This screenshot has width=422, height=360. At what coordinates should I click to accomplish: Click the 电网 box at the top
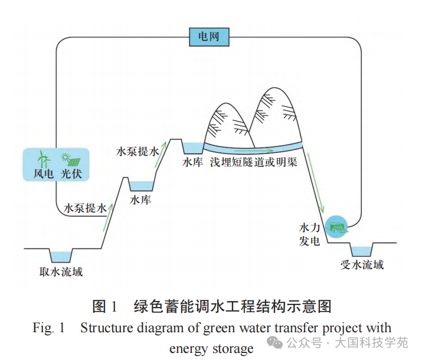(209, 37)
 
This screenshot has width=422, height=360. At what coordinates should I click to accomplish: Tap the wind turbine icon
(44, 159)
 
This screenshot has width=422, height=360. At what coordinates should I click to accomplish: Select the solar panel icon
(71, 160)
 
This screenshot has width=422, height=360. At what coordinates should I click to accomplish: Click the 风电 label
(43, 174)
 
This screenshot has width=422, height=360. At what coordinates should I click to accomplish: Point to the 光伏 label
(71, 174)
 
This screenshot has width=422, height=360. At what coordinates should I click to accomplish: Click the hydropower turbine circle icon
(336, 227)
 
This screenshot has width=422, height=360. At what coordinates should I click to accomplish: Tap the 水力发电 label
(309, 235)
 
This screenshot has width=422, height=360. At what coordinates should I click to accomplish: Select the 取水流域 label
(61, 271)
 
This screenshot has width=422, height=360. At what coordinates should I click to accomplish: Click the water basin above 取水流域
(61, 257)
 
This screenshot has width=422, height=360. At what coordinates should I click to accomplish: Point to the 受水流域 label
(362, 265)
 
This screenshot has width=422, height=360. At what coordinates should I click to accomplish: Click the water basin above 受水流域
(362, 251)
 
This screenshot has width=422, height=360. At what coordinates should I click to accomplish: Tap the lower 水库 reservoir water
(141, 186)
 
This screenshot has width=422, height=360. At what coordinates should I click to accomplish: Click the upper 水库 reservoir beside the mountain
(193, 148)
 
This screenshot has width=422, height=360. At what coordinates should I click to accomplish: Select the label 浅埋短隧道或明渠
(254, 162)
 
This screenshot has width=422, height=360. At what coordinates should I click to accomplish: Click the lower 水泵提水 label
(85, 208)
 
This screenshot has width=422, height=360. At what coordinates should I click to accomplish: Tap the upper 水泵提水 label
(138, 152)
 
